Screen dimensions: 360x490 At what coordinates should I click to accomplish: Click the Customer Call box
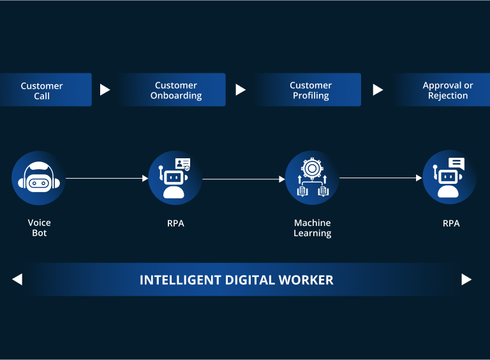coord(42,91)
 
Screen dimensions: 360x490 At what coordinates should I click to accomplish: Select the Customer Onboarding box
coord(176,90)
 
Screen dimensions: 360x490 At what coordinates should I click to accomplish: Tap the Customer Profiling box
coord(311,90)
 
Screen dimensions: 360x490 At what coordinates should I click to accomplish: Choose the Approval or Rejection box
coord(448,90)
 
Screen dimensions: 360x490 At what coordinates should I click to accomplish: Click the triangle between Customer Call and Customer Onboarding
coord(105,90)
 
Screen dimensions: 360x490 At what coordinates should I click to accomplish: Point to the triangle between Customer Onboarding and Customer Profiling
coord(241,90)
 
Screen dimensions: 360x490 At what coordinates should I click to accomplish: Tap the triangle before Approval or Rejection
coord(378,90)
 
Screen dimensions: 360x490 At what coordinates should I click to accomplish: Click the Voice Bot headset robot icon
coord(39,178)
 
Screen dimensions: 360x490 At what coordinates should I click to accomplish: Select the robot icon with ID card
coord(175,178)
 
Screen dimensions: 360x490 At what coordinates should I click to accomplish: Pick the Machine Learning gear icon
coord(312,178)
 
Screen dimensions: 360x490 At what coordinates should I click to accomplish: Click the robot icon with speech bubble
coord(450,178)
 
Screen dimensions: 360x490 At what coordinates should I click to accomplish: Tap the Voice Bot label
coord(40,228)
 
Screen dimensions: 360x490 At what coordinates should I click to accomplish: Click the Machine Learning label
coord(313,228)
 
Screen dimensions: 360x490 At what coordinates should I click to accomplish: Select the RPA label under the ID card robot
coord(175,223)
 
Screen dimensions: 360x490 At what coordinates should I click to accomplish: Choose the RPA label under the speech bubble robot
coord(451,223)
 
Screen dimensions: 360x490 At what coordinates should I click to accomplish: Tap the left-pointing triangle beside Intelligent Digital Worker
coord(17,279)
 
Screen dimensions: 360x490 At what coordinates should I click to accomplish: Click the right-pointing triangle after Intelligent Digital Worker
coord(466,279)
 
